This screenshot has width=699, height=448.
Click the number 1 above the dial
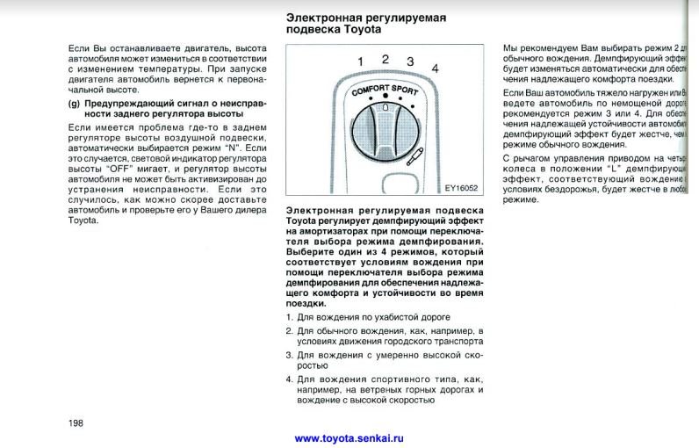point(360,60)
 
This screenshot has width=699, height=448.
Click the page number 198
point(76,423)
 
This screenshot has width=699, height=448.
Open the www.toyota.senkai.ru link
point(349,437)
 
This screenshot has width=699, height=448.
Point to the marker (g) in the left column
point(74,103)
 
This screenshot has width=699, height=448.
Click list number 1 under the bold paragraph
point(290,316)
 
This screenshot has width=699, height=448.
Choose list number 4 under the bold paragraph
point(290,379)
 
